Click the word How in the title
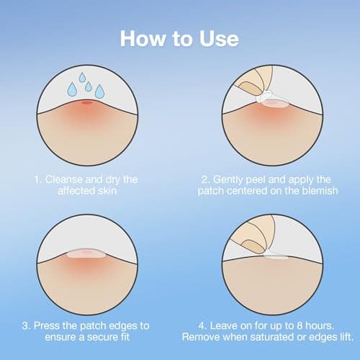pos(142,37)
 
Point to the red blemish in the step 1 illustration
pos(87,103)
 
